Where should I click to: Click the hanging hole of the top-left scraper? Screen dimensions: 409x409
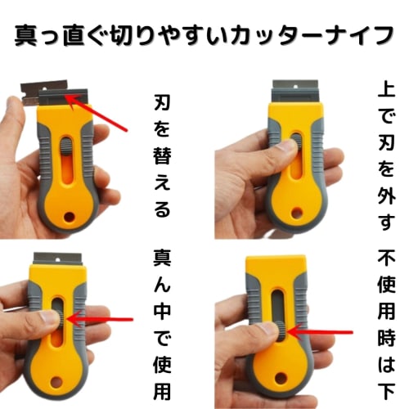point(75,217)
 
